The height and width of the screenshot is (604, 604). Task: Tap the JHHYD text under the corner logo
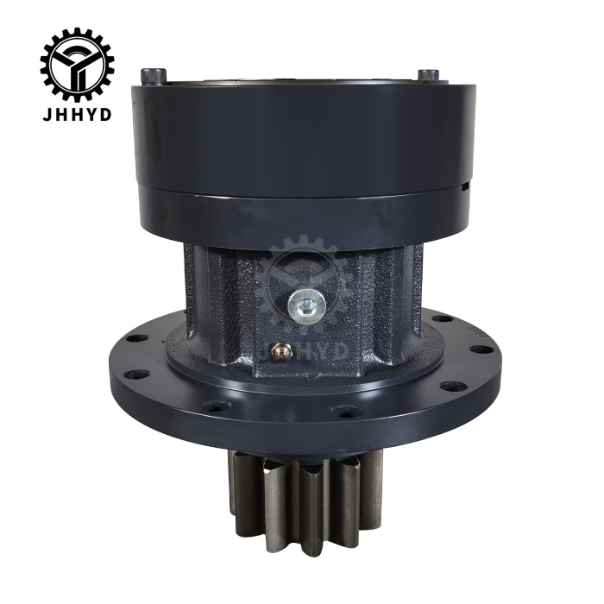pyautogui.click(x=77, y=115)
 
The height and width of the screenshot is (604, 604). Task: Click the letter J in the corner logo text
pyautogui.click(x=47, y=115)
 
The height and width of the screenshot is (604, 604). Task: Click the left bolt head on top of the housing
pyautogui.click(x=152, y=75)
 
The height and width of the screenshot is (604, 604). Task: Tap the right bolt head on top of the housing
pyautogui.click(x=429, y=76)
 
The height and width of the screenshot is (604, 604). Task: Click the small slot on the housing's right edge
pyautogui.click(x=467, y=184)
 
